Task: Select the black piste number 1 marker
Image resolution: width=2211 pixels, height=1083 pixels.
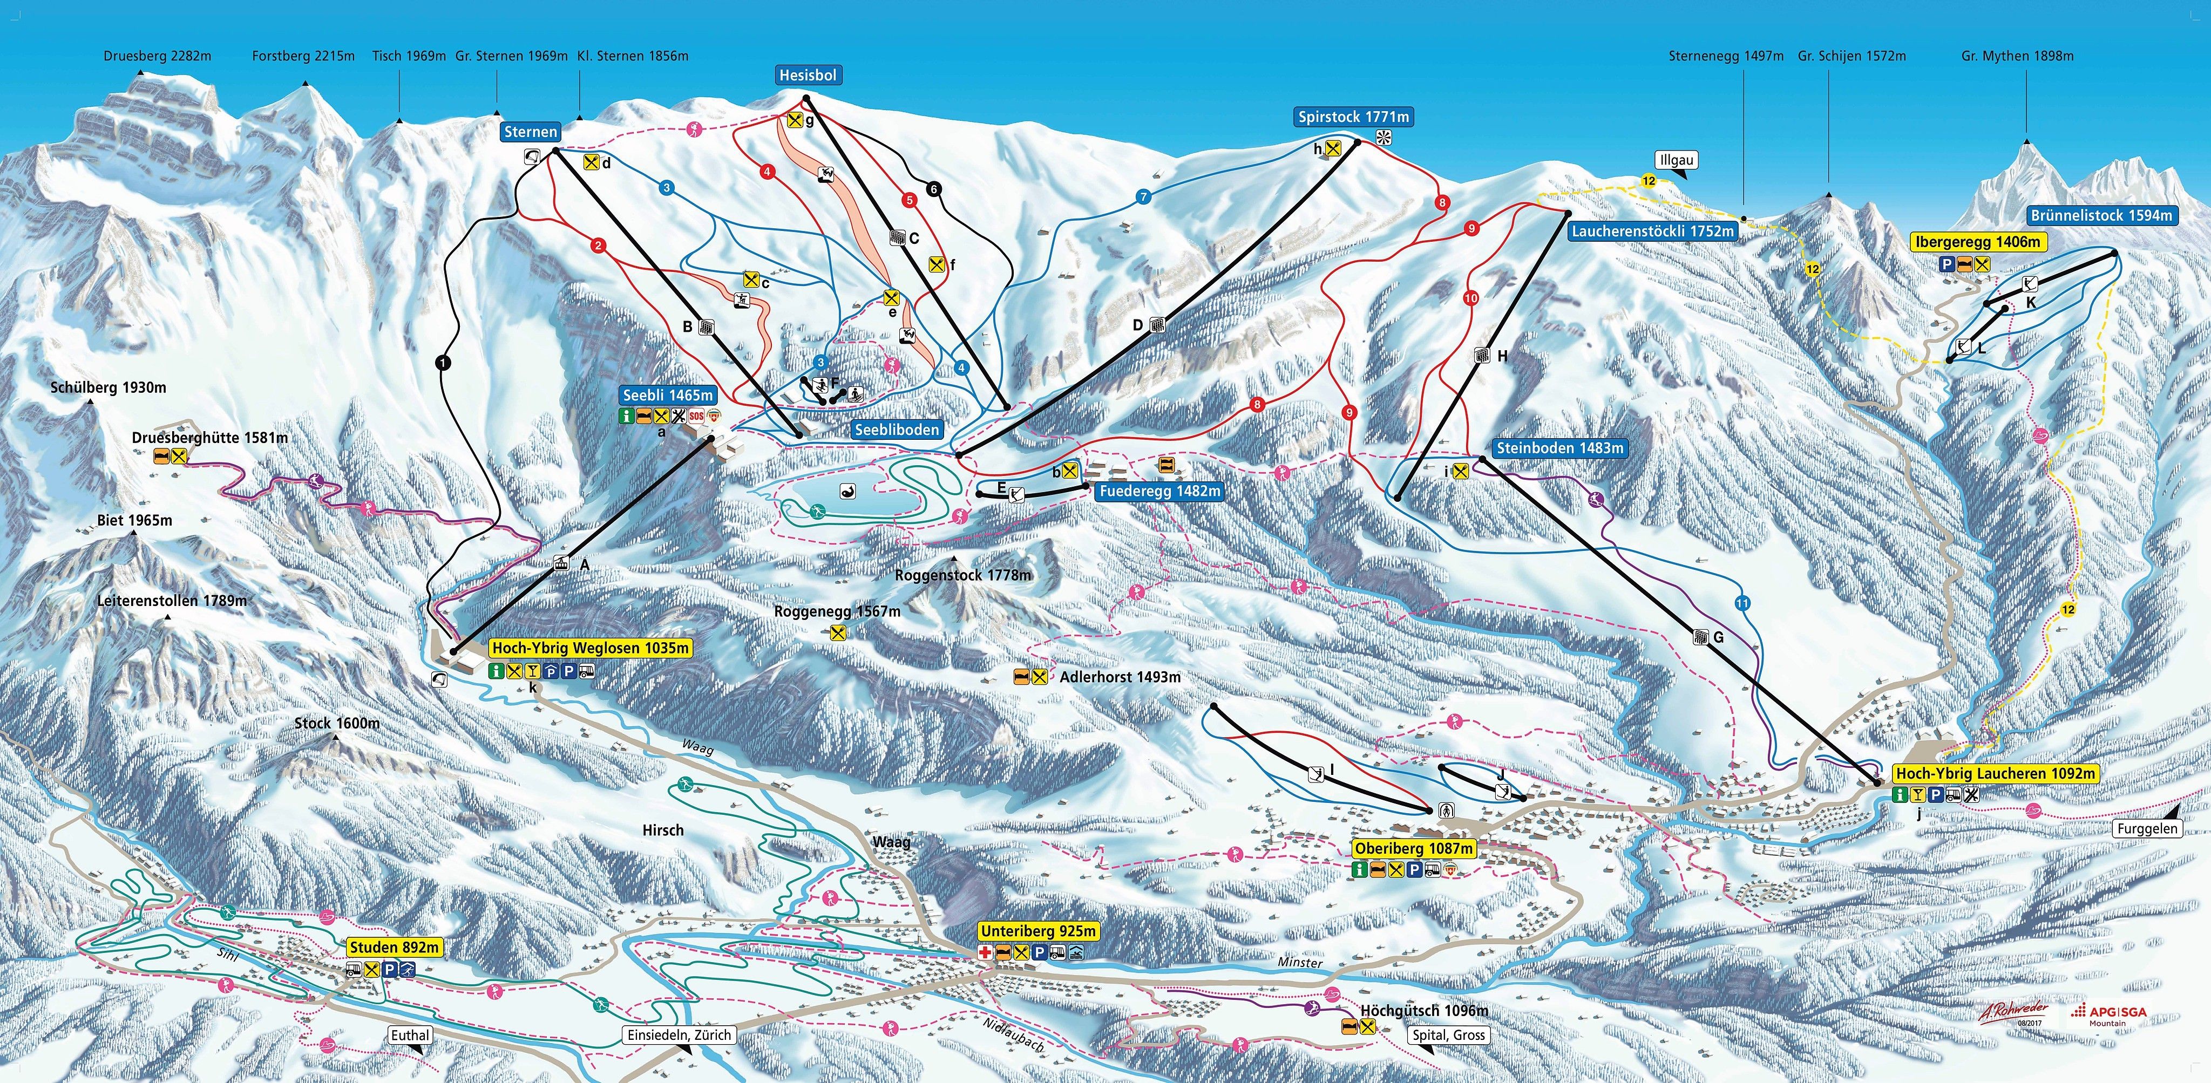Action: [443, 363]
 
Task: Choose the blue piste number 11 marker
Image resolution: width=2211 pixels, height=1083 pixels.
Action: [1741, 603]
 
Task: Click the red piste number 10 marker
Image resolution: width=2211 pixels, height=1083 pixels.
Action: [1470, 298]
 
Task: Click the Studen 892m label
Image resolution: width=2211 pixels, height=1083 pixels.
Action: [395, 948]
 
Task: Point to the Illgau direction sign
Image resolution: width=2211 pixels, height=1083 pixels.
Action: [1676, 160]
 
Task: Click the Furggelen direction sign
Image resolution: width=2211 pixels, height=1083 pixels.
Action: [2147, 828]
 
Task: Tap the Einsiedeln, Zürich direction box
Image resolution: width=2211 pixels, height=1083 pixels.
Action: [679, 1035]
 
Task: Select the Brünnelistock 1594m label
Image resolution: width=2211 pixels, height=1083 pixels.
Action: [2100, 215]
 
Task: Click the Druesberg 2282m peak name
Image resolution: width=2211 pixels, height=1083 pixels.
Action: [157, 56]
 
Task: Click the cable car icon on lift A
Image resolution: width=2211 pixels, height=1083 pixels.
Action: [560, 564]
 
